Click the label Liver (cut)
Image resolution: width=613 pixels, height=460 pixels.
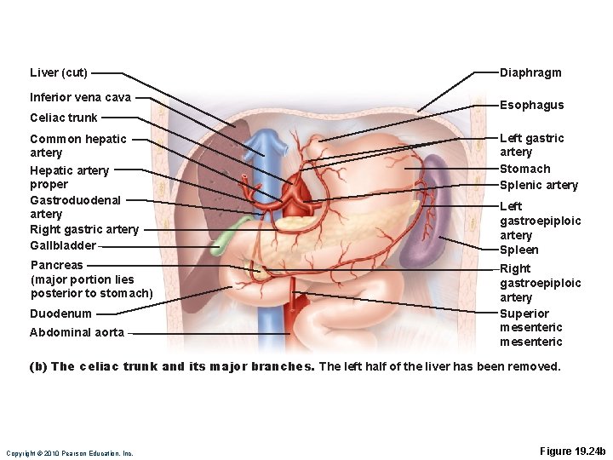[58, 72]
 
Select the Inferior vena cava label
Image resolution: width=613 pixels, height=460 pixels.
[80, 97]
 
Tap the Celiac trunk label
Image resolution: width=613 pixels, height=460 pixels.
[63, 118]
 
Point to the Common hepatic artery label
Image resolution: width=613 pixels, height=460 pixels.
[77, 146]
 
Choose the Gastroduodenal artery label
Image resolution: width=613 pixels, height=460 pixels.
[75, 207]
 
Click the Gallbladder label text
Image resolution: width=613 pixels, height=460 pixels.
[62, 245]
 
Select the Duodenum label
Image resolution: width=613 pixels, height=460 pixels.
[60, 313]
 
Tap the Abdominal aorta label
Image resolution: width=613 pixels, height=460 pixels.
[77, 332]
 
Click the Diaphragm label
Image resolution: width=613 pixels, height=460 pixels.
[530, 72]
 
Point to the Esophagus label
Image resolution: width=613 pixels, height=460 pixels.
[531, 105]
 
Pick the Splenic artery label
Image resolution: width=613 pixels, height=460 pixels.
[538, 185]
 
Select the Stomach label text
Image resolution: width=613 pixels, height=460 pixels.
[524, 169]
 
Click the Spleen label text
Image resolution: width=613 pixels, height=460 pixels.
[518, 250]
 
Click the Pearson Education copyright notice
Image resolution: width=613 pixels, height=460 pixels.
[69, 453]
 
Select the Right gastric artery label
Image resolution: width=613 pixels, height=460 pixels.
[83, 229]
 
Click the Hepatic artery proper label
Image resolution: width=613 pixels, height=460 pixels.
[69, 177]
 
